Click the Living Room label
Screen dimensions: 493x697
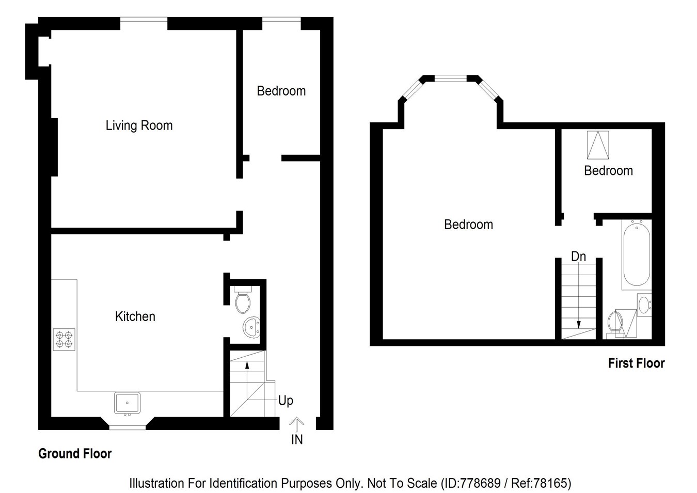tap(139, 125)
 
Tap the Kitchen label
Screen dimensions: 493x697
tap(135, 316)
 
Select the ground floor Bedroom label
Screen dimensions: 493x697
tap(281, 91)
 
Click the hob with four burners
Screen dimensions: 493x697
tap(64, 339)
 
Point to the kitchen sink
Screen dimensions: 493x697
tap(127, 403)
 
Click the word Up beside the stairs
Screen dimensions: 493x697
tap(286, 401)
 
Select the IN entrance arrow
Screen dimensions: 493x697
tap(296, 425)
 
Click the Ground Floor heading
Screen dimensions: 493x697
tap(75, 454)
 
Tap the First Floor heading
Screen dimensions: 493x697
tap(636, 363)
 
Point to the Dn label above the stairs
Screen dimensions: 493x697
tap(578, 257)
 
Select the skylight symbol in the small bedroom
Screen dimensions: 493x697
tap(598, 145)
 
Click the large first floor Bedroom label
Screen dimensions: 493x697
tap(468, 225)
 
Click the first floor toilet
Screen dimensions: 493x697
tap(615, 323)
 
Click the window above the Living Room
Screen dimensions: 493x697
tap(144, 20)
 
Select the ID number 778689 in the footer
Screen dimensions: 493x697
tap(480, 484)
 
